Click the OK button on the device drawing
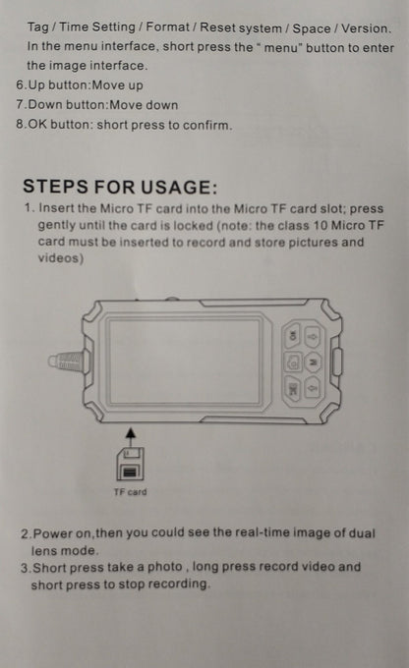(x=293, y=335)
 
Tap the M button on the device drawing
(x=314, y=362)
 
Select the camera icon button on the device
(x=293, y=362)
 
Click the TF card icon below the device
(x=130, y=465)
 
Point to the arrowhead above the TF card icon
(x=131, y=433)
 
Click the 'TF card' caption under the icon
(x=130, y=492)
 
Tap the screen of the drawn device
(x=184, y=362)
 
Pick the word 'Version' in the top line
(x=366, y=28)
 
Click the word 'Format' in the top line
(x=167, y=28)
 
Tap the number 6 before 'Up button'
(x=21, y=84)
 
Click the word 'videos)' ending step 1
(x=61, y=258)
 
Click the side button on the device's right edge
(x=337, y=362)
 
